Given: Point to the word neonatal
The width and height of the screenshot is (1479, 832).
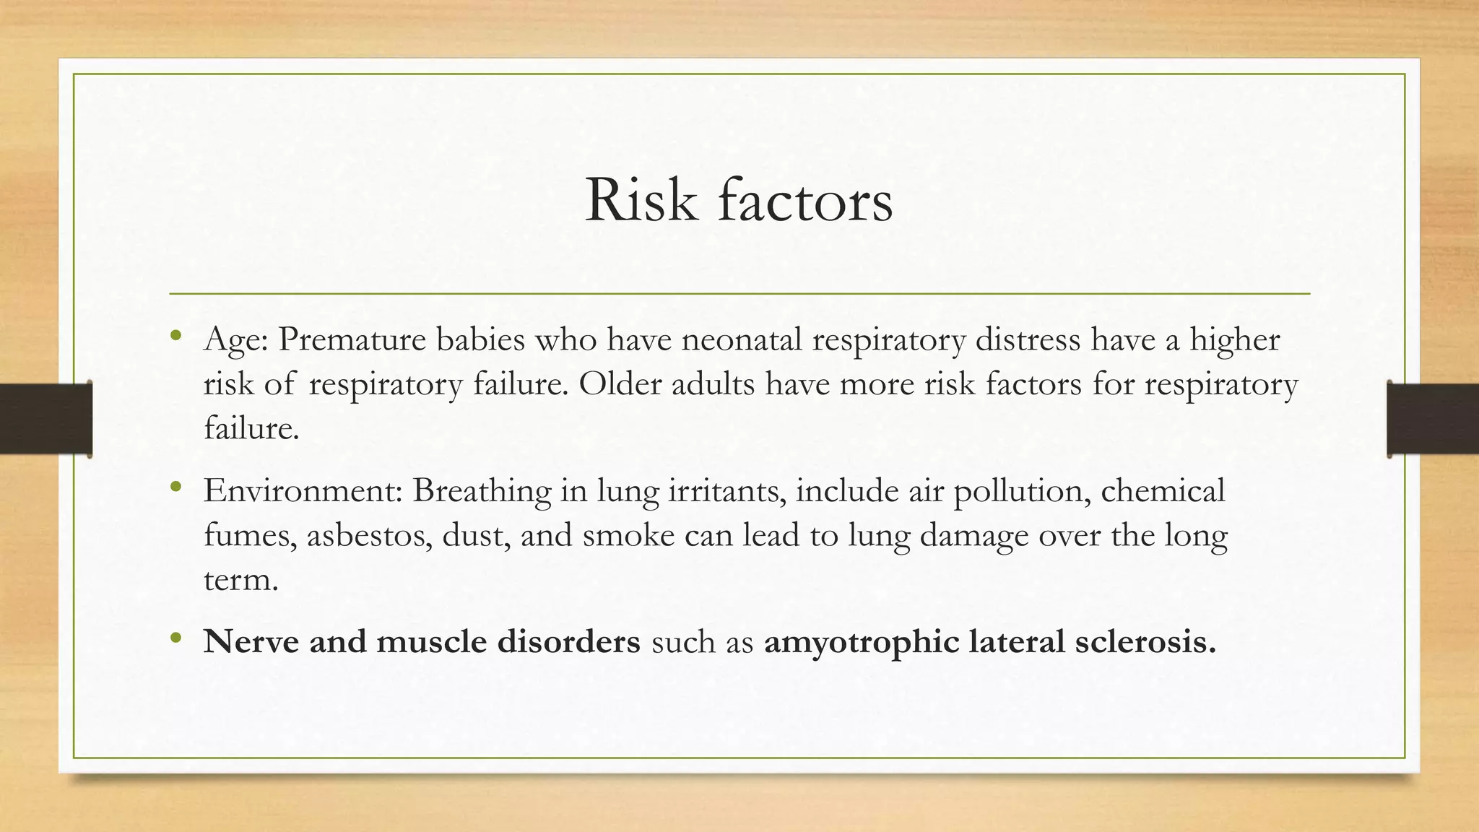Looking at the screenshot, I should (x=742, y=339).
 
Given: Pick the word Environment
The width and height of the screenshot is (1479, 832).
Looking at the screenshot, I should (x=303, y=490).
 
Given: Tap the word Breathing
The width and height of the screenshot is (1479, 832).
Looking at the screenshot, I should (x=482, y=492).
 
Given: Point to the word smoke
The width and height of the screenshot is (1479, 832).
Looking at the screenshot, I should (x=628, y=535).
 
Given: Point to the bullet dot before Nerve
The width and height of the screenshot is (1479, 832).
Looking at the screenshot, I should (x=175, y=638).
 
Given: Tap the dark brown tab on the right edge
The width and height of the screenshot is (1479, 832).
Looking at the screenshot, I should (x=1433, y=419).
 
